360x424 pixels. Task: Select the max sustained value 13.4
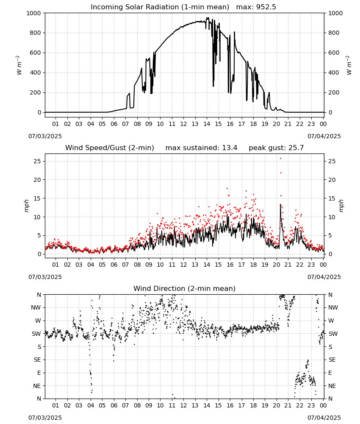(x=230, y=148)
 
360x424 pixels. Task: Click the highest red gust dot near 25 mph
(x=281, y=159)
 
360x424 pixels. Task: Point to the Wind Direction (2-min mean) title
(x=185, y=288)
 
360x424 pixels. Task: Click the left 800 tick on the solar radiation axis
(x=36, y=33)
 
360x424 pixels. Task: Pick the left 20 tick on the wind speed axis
(x=38, y=180)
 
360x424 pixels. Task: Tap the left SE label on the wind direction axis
(x=37, y=360)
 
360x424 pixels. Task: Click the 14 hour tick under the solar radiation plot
(x=207, y=124)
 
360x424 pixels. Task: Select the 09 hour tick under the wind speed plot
(x=149, y=265)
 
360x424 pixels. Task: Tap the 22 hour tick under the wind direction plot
(x=300, y=405)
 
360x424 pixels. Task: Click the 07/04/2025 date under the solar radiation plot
(x=324, y=136)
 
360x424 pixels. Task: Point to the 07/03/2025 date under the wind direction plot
(x=45, y=418)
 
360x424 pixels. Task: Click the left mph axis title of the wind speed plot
(x=26, y=206)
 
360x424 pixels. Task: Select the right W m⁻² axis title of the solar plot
(x=349, y=65)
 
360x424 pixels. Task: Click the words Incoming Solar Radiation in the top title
(x=135, y=7)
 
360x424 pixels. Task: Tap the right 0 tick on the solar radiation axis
(x=330, y=112)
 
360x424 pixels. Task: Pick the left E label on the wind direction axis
(x=39, y=373)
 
